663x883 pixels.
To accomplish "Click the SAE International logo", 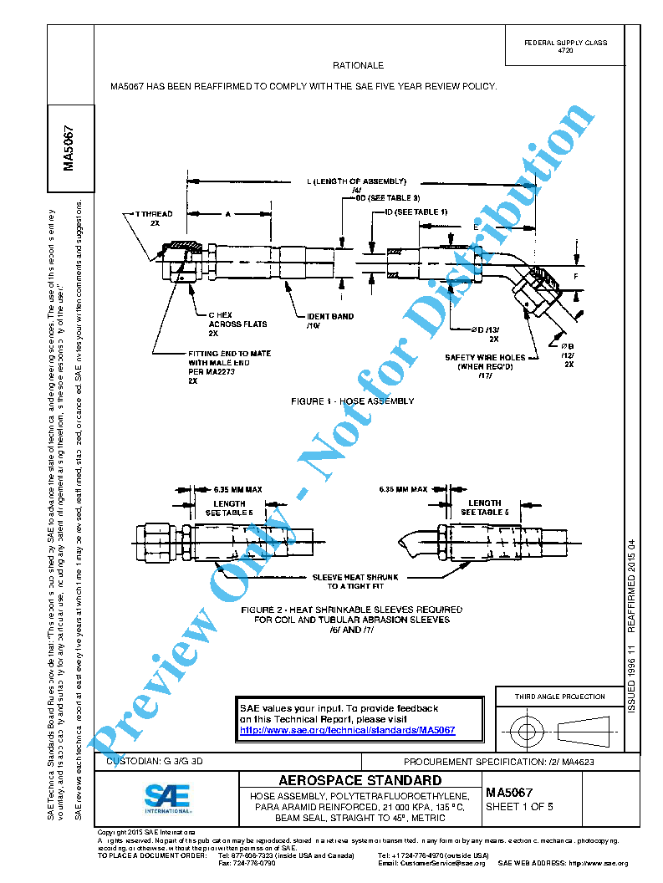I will (x=167, y=799).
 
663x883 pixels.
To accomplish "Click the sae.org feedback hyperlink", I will (x=347, y=730).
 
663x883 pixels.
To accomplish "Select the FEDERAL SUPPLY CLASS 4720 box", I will (x=565, y=46).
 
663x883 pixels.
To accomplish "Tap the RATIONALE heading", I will (x=358, y=65).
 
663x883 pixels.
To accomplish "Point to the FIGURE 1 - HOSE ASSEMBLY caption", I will (x=352, y=401).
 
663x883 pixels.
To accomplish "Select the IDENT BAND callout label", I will (x=330, y=320).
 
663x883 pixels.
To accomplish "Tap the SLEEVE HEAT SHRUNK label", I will (x=355, y=581).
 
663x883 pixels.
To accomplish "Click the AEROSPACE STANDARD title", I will (x=360, y=780).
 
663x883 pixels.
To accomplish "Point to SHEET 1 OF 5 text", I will (x=519, y=807).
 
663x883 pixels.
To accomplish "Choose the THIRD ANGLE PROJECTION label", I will (x=559, y=697).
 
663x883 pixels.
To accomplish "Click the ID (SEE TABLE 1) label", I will (x=416, y=212).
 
